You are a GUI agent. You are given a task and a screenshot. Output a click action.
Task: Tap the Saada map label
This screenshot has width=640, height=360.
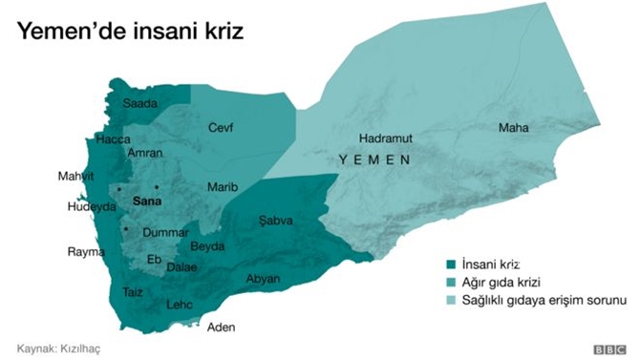pos(139,104)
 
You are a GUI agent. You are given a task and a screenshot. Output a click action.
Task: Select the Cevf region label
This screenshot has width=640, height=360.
pos(221,127)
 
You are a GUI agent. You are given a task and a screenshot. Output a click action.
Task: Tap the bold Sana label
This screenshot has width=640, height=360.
pos(147,201)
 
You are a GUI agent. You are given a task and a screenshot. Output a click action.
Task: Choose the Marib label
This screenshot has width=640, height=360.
pos(221,186)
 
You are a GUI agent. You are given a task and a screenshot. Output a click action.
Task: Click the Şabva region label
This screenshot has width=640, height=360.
pos(276,221)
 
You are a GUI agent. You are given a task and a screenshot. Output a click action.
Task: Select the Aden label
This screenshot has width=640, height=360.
pos(221,327)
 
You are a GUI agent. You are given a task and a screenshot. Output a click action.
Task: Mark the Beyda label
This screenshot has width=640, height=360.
pos(207,246)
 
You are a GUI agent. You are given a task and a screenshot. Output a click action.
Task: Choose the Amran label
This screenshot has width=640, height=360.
pos(144,153)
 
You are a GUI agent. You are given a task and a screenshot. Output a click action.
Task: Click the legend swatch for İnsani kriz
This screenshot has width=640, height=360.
pos(449,265)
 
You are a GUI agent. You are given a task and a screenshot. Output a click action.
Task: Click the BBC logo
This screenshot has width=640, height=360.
pos(606,349)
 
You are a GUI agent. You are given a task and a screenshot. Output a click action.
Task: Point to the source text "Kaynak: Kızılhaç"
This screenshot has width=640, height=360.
pos(58,349)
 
